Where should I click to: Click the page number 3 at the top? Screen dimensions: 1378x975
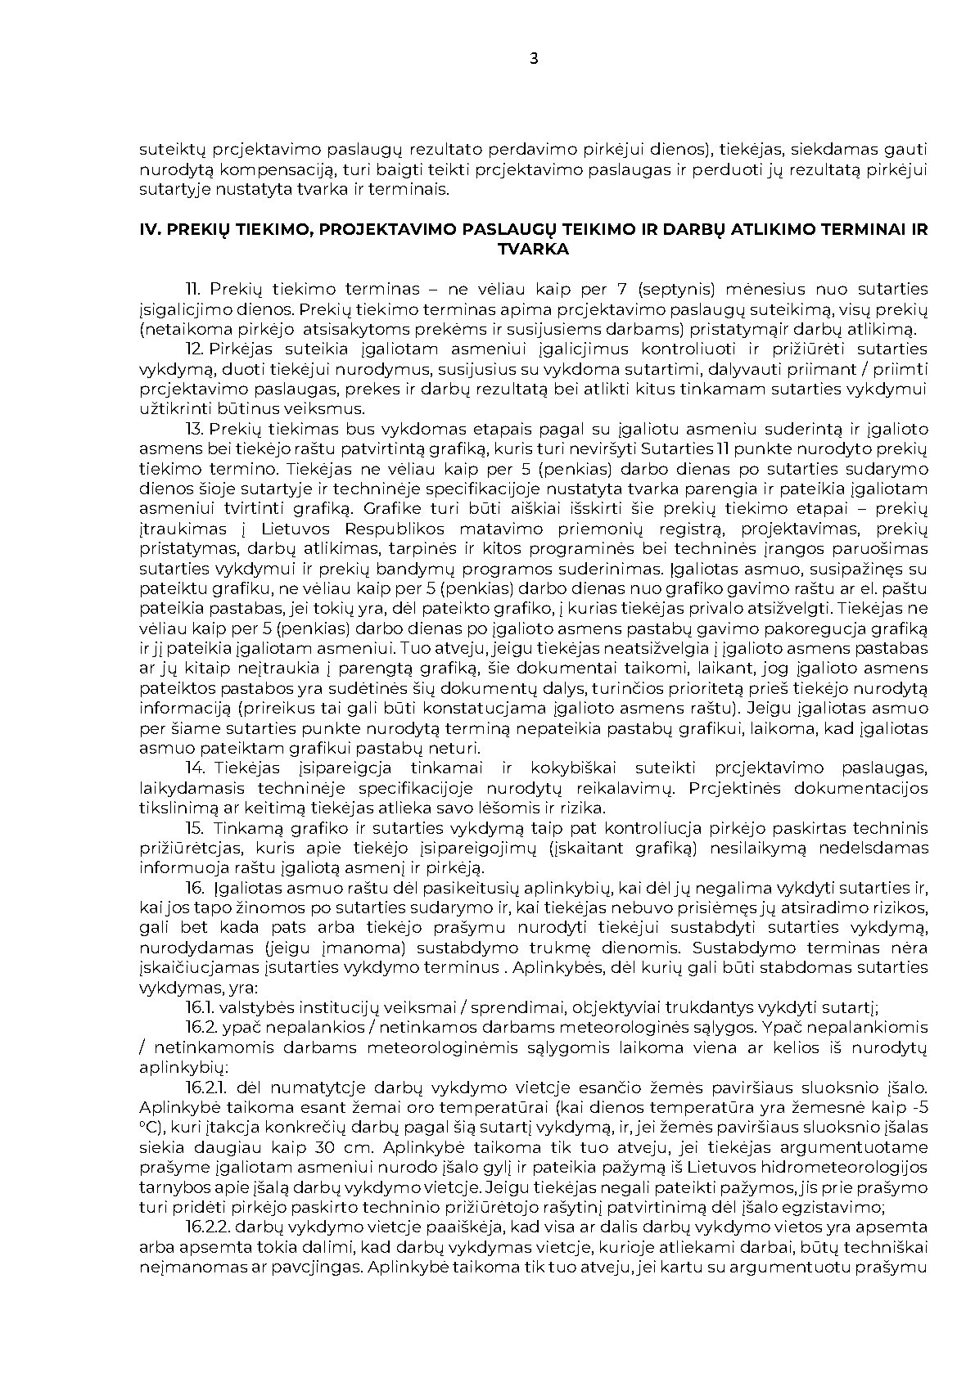click(535, 58)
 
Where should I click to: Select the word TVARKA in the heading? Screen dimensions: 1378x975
click(534, 250)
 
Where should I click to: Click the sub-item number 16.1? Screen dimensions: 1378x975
click(200, 1007)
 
